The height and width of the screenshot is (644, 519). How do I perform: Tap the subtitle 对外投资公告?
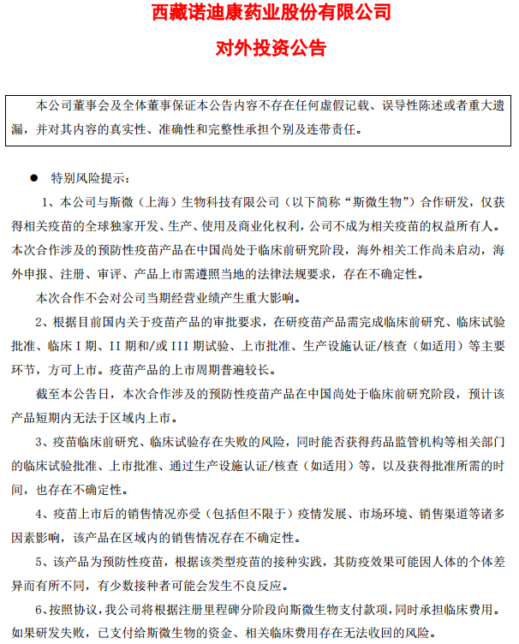click(x=259, y=48)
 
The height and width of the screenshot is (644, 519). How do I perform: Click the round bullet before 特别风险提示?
click(x=33, y=178)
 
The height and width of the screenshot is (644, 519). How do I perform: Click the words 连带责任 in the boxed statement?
click(x=332, y=130)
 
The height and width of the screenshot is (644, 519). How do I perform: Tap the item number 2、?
click(x=43, y=322)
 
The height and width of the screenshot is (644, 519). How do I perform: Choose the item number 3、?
click(x=43, y=442)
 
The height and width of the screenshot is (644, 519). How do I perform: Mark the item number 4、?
click(x=43, y=514)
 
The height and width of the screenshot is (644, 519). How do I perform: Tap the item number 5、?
click(x=43, y=562)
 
